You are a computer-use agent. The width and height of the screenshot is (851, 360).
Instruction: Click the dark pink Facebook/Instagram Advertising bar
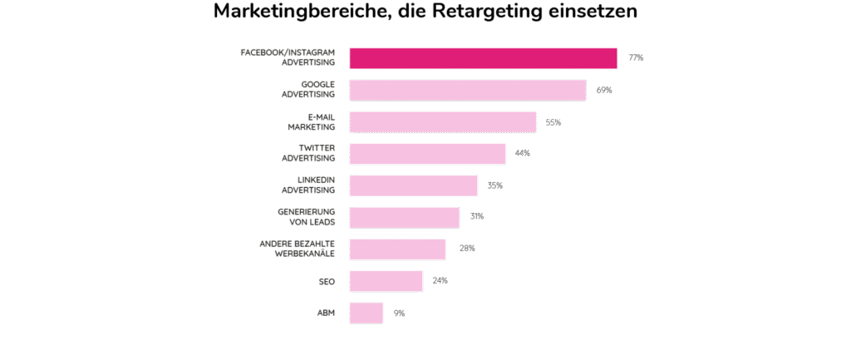click(483, 57)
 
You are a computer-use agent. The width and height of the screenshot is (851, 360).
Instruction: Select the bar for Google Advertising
click(468, 90)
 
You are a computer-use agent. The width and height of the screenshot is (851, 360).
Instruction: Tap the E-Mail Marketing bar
click(443, 121)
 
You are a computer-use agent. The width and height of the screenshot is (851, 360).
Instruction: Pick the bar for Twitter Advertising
click(427, 153)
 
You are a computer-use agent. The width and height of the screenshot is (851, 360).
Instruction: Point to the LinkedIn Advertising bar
click(413, 185)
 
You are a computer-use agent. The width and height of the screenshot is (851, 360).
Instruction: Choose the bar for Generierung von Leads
click(404, 217)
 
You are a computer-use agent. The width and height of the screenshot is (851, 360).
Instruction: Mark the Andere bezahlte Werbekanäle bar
click(397, 249)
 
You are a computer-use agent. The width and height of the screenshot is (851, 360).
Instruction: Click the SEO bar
click(386, 281)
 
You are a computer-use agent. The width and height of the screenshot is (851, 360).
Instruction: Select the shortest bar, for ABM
click(366, 313)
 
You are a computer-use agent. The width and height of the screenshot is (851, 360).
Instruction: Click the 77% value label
click(636, 58)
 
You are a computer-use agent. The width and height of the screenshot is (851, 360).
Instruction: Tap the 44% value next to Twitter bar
click(522, 153)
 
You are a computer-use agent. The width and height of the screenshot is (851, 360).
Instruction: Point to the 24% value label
click(440, 281)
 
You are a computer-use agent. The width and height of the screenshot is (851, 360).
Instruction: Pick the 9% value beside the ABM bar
click(399, 313)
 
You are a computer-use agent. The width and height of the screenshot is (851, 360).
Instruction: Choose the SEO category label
click(326, 281)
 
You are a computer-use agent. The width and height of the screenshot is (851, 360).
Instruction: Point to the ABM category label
click(326, 313)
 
